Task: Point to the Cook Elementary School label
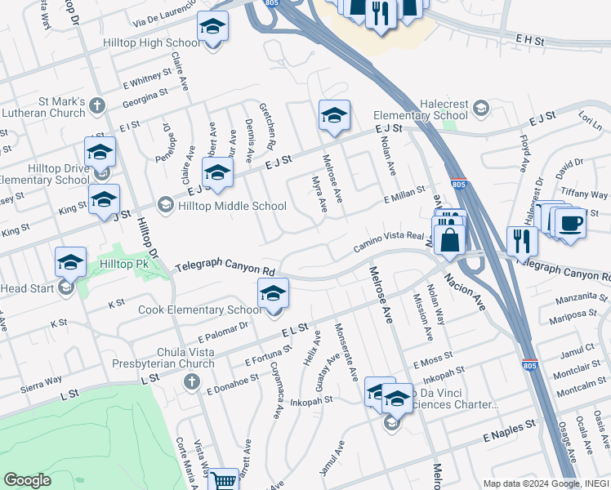(199, 310)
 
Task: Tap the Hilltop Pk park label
(124, 264)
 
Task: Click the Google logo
(27, 480)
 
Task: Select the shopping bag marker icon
(449, 241)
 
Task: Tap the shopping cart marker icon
(223, 480)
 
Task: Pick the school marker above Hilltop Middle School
(217, 172)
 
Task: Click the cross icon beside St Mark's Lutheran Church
(96, 105)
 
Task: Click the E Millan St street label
(404, 194)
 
